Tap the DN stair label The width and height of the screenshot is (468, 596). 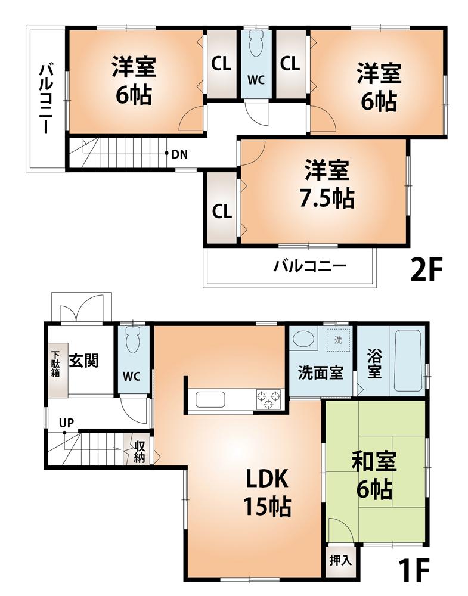point(179,155)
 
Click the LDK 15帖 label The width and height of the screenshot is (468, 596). point(266,492)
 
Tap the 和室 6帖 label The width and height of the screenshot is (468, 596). point(374,476)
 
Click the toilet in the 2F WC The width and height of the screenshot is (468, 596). point(257,42)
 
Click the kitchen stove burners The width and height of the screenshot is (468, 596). point(268,399)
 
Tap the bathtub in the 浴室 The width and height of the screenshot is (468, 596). point(408,360)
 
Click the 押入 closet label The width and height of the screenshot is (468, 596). point(341,560)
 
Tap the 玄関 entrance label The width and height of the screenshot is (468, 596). point(83,361)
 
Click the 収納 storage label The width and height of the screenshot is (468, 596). point(140,451)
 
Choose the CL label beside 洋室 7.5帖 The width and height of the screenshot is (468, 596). point(221,211)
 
